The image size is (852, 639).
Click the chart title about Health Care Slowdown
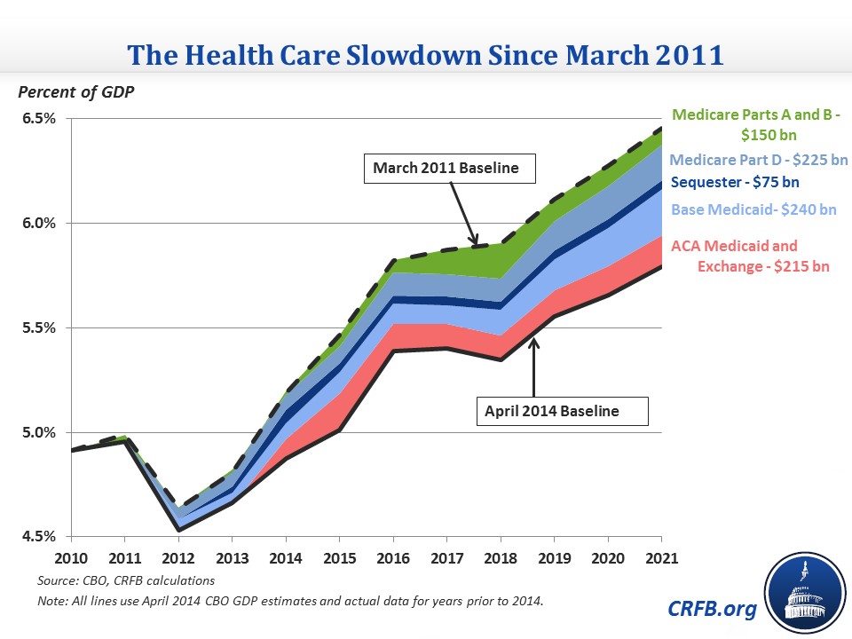[x=426, y=54]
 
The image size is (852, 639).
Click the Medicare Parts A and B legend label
[x=754, y=123]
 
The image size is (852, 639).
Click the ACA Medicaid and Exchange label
[x=750, y=255]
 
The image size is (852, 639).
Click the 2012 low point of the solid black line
[x=178, y=530]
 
